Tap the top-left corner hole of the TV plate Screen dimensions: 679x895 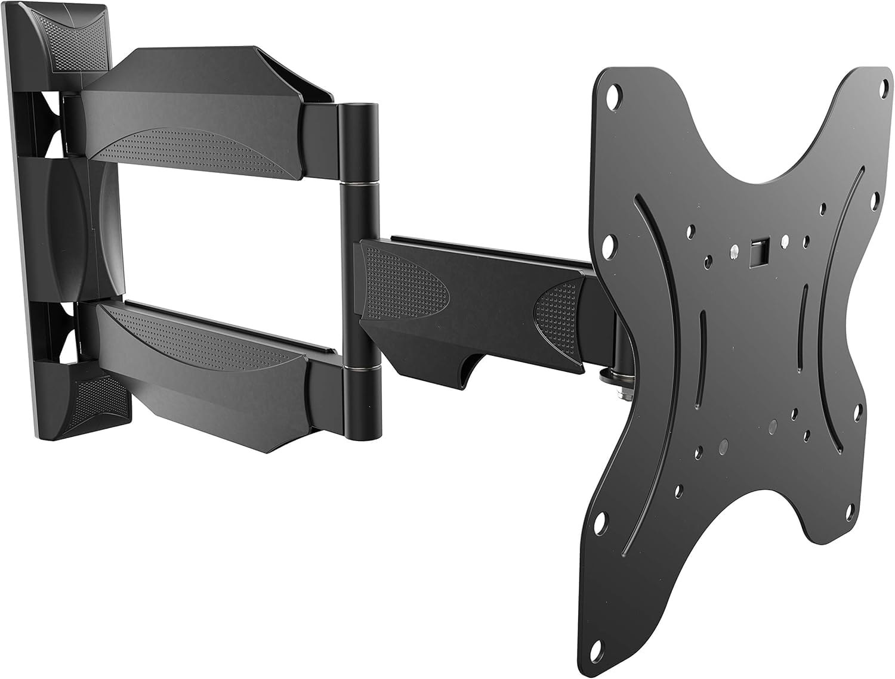click(x=613, y=97)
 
